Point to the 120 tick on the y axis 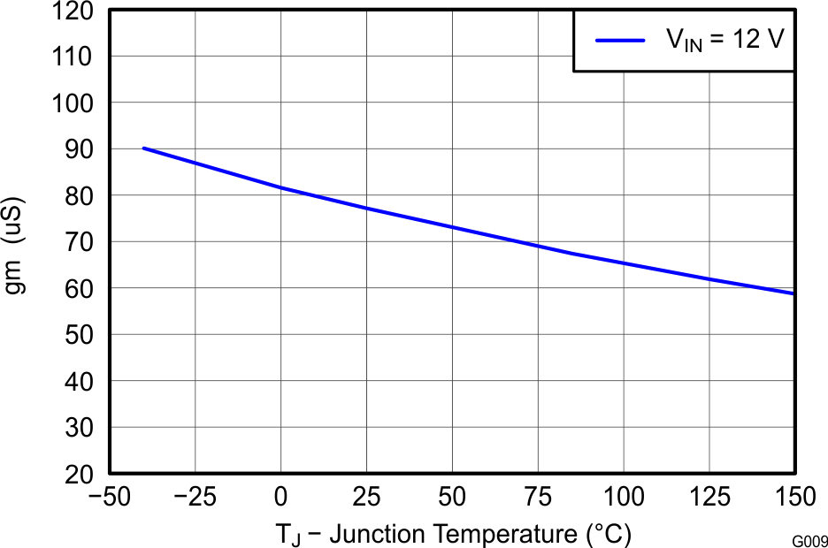pyautogui.click(x=78, y=11)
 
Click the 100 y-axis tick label pyautogui.click(x=78, y=103)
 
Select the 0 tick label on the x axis pyautogui.click(x=280, y=498)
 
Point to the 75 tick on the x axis pyautogui.click(x=537, y=498)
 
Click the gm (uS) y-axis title pyautogui.click(x=15, y=247)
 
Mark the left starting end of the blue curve pyautogui.click(x=142, y=148)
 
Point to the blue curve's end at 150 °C pyautogui.click(x=793, y=293)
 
